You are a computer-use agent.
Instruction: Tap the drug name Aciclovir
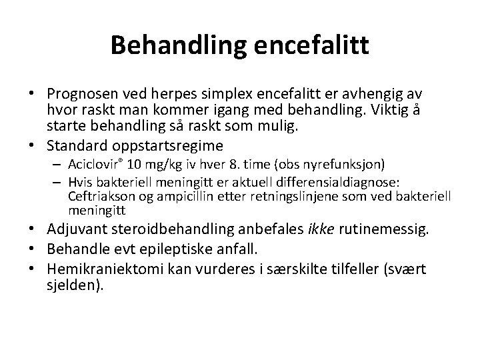click(93, 165)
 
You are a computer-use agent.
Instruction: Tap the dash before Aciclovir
click(59, 165)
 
